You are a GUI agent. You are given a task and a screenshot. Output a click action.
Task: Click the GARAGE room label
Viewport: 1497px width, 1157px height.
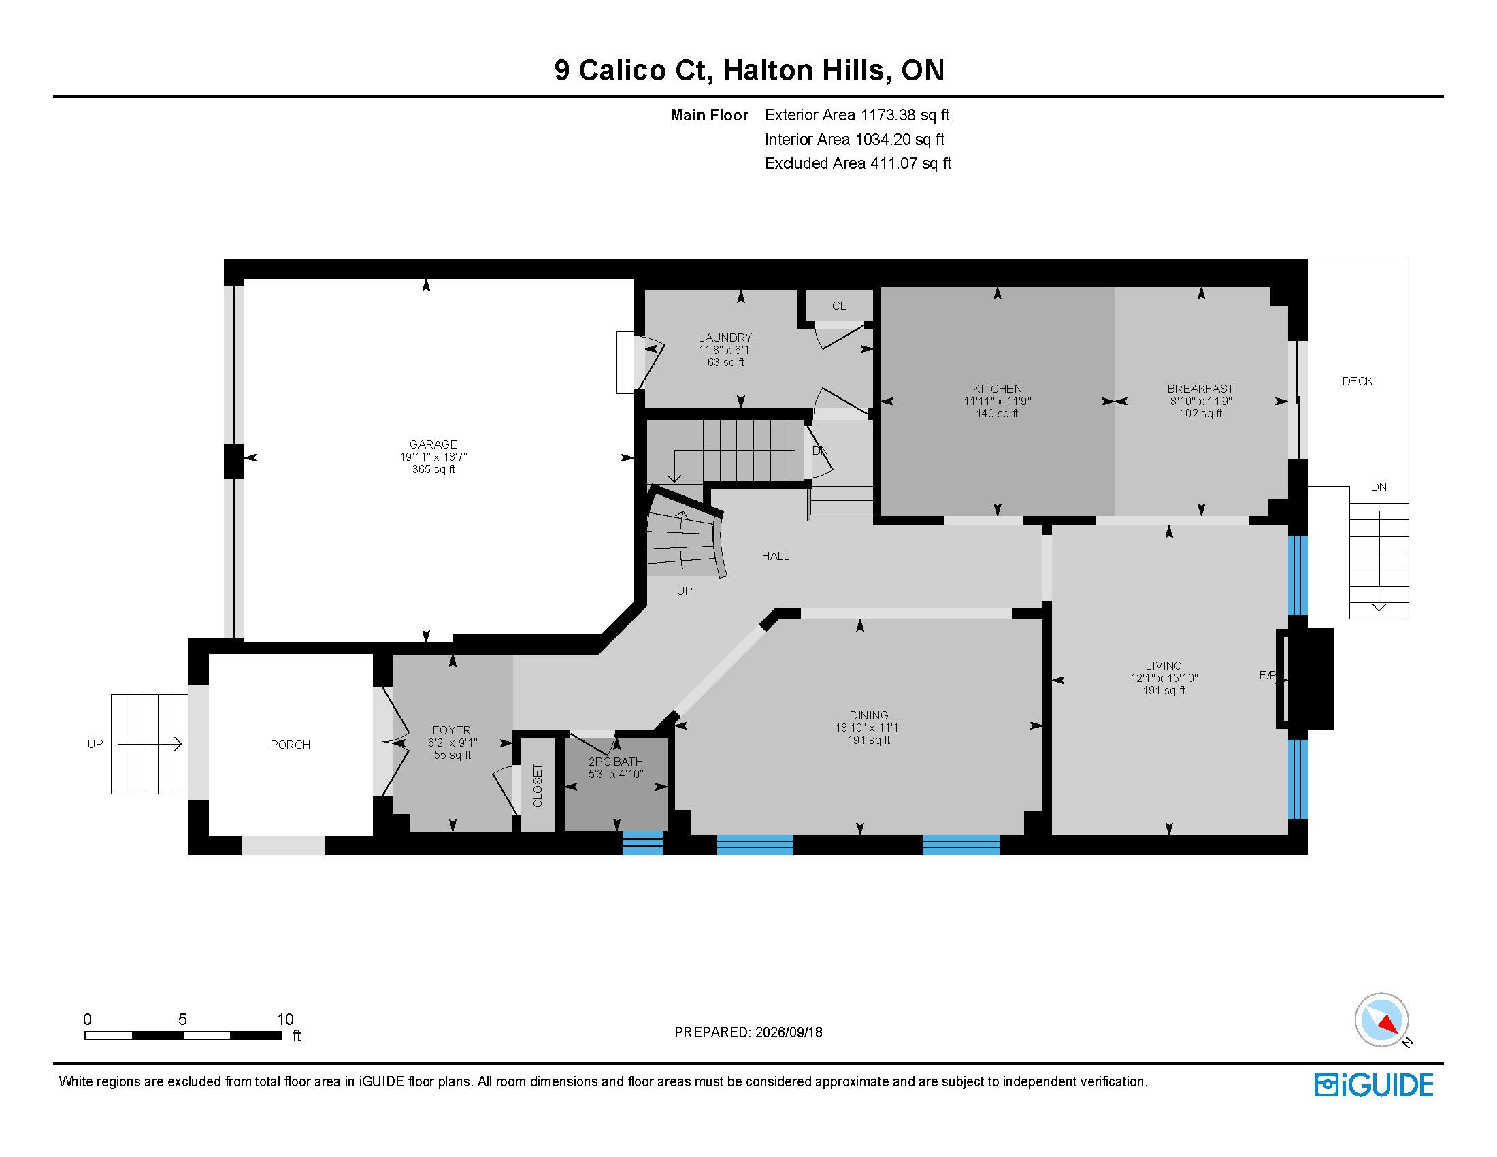pos(433,444)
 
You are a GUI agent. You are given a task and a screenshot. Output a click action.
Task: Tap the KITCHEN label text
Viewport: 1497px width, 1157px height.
pos(998,389)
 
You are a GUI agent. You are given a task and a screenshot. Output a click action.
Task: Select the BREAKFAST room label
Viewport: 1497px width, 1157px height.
pos(1200,389)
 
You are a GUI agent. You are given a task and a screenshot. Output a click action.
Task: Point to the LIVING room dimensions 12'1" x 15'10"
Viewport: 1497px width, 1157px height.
pos(1164,678)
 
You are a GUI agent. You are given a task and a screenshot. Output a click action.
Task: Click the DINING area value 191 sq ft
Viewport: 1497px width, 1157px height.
pos(868,740)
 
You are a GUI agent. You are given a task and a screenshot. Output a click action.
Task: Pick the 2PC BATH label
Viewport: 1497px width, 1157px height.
pos(616,762)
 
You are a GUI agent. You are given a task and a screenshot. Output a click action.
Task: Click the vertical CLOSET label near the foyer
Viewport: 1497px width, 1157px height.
pos(538,785)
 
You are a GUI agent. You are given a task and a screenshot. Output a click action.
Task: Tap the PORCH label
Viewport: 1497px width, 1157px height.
pos(290,745)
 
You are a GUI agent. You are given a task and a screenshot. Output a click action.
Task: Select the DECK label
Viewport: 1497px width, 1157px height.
pos(1358,381)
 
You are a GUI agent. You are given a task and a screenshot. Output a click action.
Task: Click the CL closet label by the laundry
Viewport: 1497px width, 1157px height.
pos(839,306)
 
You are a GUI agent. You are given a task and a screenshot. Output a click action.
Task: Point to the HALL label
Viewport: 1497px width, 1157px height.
pos(775,556)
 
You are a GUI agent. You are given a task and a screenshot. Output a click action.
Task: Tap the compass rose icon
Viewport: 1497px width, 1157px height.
pos(1381,1020)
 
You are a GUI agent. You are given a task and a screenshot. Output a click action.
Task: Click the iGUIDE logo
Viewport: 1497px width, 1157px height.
pos(1374,1085)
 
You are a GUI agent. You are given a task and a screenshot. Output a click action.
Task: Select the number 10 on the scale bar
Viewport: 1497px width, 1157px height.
pos(285,1020)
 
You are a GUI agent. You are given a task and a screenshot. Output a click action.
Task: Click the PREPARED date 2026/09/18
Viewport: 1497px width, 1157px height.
pos(788,1032)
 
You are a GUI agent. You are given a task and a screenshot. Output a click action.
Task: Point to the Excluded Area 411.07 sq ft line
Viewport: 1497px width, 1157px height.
pos(858,163)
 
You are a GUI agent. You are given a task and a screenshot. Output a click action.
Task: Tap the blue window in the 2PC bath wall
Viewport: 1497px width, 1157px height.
pos(643,843)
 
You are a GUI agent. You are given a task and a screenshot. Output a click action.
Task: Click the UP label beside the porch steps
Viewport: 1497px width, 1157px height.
pos(95,744)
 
